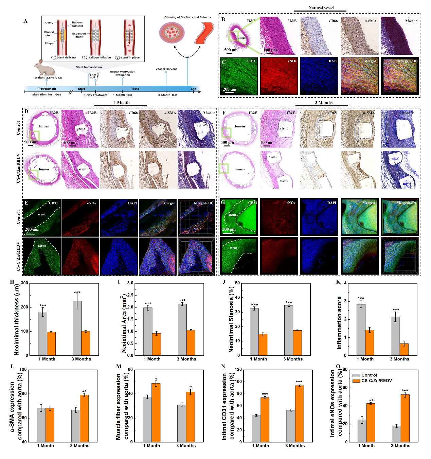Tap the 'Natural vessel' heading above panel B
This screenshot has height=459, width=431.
pyautogui.click(x=321, y=8)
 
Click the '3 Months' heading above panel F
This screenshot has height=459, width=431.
pyautogui.click(x=323, y=103)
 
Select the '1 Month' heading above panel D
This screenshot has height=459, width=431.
pyautogui.click(x=122, y=103)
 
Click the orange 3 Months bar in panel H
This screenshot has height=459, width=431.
pyautogui.click(x=86, y=343)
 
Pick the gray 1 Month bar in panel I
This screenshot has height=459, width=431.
pyautogui.click(x=148, y=331)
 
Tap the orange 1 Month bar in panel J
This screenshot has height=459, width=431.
pyautogui.click(x=263, y=345)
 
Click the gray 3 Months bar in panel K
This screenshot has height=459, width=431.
pyautogui.click(x=395, y=336)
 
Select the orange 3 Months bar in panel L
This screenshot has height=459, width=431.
pyautogui.click(x=84, y=418)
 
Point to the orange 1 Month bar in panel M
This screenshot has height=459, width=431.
pyautogui.click(x=156, y=412)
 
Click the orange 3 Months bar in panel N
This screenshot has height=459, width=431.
pyautogui.click(x=299, y=413)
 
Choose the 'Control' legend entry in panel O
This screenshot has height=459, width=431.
pyautogui.click(x=369, y=375)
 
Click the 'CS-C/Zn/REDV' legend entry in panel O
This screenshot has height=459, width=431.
pyautogui.click(x=376, y=381)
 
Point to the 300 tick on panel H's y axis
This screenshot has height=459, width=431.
pyautogui.click(x=24, y=283)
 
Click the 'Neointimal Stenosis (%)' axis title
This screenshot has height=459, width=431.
pyautogui.click(x=231, y=320)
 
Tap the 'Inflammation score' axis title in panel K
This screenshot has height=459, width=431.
pyautogui.click(x=339, y=323)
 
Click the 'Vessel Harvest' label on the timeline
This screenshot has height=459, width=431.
pyautogui.click(x=166, y=69)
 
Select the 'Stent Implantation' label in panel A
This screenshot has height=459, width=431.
pyautogui.click(x=89, y=67)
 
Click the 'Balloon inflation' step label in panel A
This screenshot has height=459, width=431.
pyautogui.click(x=99, y=58)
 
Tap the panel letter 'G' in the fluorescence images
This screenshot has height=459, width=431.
pyautogui.click(x=223, y=202)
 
